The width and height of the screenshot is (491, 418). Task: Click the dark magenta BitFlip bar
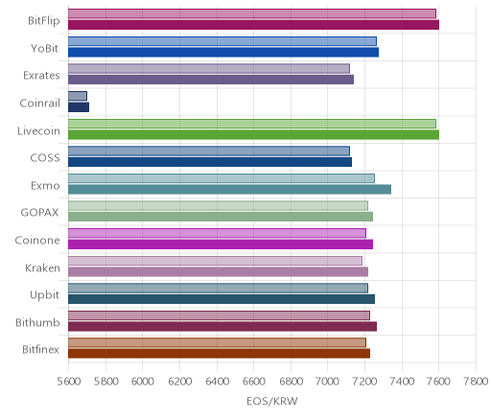pos(253,25)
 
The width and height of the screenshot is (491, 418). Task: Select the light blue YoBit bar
pos(222,41)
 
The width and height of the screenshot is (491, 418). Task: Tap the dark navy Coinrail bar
pos(79,107)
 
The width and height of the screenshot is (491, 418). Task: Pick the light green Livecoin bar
pos(252,124)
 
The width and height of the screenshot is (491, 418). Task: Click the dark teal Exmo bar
pos(229,190)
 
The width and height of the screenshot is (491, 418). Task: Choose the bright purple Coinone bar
pos(221,244)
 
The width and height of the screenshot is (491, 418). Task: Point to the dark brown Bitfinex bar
pos(219,354)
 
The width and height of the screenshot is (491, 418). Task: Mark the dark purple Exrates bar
pos(211,80)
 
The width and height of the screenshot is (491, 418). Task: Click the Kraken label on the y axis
pos(42,267)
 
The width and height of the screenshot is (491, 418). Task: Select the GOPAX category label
pos(39,213)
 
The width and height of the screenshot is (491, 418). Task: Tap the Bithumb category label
pos(37,322)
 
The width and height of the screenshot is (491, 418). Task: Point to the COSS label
pos(45,158)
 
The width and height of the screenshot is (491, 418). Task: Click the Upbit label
pos(44,295)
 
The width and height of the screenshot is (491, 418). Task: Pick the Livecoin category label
pos(38,130)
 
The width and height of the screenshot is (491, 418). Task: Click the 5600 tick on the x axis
pos(69,382)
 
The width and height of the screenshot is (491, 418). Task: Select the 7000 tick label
pos(328,382)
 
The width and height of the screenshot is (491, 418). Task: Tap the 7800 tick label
pos(477,382)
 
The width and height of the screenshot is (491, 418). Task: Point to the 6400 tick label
pos(217,382)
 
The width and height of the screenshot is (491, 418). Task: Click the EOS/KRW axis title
pos(272,401)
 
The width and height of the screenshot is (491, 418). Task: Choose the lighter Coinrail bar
pos(78,96)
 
